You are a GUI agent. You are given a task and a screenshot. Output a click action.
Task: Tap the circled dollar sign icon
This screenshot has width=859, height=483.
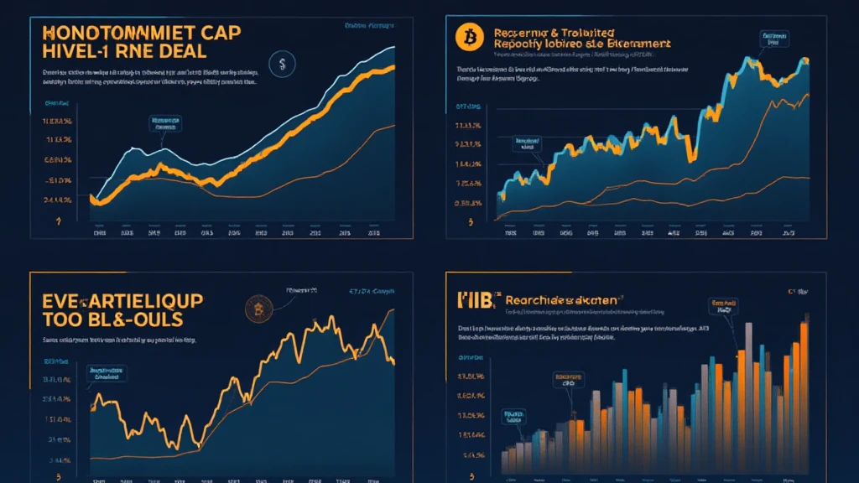click(x=281, y=63)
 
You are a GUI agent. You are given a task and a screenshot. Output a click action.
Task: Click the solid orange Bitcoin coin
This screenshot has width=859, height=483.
click(x=463, y=36)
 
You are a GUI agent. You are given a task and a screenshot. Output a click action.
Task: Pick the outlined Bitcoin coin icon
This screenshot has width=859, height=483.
click(x=256, y=309)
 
